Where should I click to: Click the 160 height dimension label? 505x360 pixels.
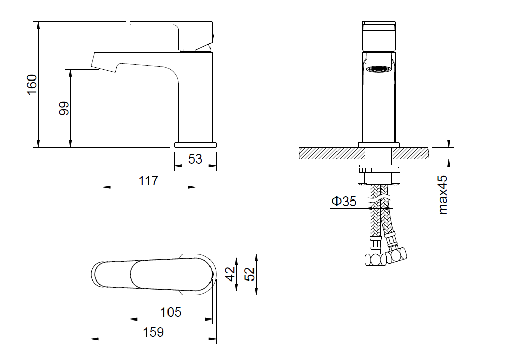(x=32, y=85)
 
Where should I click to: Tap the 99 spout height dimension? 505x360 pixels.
(x=64, y=108)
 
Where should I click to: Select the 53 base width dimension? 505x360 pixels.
(x=195, y=158)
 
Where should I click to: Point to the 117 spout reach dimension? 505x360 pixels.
(x=148, y=180)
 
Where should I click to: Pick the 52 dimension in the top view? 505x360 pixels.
(x=249, y=274)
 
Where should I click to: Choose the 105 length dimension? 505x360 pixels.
(x=171, y=312)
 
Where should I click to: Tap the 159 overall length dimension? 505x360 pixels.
(x=153, y=332)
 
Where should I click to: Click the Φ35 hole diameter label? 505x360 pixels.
(x=344, y=202)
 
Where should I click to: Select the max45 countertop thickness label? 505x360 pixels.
(x=443, y=194)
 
